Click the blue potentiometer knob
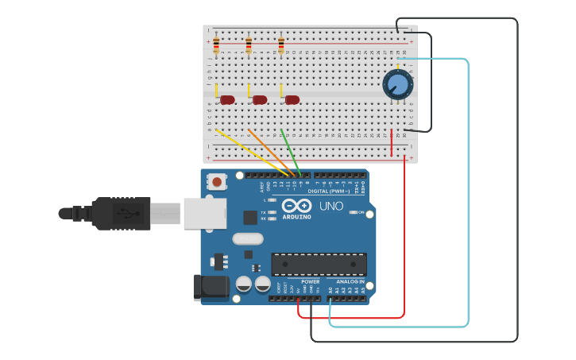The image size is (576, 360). [397, 84]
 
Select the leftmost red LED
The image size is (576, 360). [227, 99]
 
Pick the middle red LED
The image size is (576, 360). [260, 99]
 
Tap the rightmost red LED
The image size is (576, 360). [292, 99]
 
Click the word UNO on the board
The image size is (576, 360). [331, 207]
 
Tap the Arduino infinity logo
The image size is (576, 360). [296, 205]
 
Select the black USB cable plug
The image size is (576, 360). [119, 213]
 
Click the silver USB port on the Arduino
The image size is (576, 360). [204, 213]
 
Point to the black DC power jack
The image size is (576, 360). [211, 288]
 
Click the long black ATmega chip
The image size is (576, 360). [319, 265]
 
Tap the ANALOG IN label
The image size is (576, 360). [350, 281]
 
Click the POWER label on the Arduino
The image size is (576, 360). [311, 281]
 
